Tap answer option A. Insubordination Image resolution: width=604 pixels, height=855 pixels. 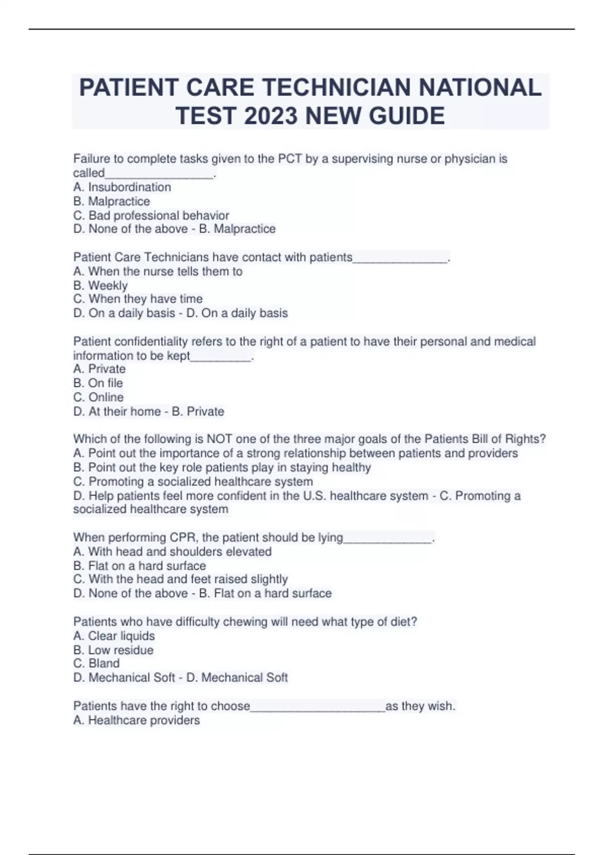pyautogui.click(x=122, y=187)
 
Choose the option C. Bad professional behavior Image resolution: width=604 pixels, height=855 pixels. pyautogui.click(x=151, y=215)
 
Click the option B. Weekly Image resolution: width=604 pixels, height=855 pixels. pyautogui.click(x=101, y=285)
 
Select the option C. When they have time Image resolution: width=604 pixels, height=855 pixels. pyautogui.click(x=138, y=299)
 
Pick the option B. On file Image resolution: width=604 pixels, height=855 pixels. pyautogui.click(x=98, y=383)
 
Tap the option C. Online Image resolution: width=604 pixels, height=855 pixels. pyautogui.click(x=99, y=397)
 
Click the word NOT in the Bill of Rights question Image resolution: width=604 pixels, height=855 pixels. pyautogui.click(x=219, y=439)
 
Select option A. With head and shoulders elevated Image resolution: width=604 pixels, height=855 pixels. pyautogui.click(x=173, y=551)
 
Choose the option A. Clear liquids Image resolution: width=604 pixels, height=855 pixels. pyautogui.click(x=114, y=636)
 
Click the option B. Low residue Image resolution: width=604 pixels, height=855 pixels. pyautogui.click(x=114, y=650)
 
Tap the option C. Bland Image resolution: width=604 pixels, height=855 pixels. pyautogui.click(x=97, y=663)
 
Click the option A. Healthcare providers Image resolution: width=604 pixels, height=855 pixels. pyautogui.click(x=137, y=720)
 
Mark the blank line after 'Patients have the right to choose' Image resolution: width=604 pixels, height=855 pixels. pyautogui.click(x=318, y=707)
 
